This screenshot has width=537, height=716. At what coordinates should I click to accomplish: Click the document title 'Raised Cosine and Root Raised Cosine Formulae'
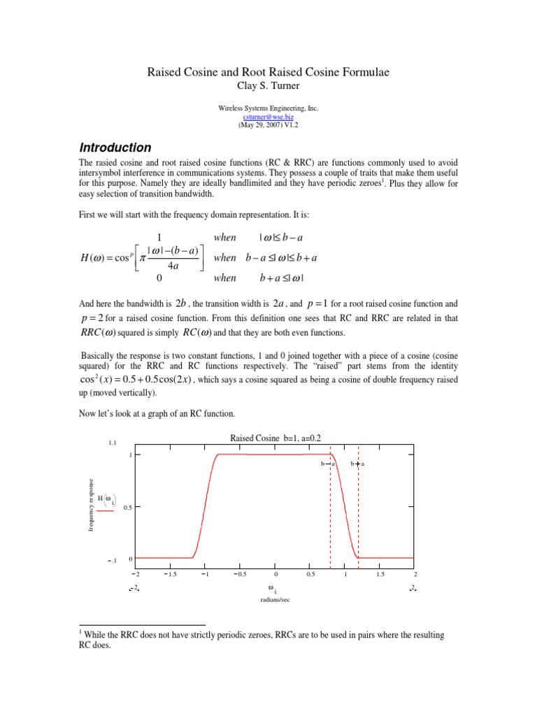click(x=268, y=72)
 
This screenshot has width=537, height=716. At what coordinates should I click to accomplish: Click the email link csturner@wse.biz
click(x=268, y=119)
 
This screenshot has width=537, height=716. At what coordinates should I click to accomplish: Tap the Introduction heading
click(x=115, y=148)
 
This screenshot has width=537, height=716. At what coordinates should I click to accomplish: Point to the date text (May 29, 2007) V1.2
click(x=268, y=127)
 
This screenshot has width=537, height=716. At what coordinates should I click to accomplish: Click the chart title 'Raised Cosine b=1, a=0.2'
click(x=275, y=438)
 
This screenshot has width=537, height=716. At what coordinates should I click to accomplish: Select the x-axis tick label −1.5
click(x=169, y=574)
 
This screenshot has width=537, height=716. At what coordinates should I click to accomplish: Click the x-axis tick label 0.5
click(x=310, y=574)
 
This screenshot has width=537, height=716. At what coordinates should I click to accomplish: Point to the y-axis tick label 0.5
click(x=127, y=508)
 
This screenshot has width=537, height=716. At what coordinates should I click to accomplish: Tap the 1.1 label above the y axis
click(x=112, y=443)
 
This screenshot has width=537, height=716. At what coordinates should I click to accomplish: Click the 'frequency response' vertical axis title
click(x=90, y=505)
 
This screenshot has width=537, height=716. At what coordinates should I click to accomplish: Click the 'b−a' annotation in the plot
click(x=328, y=464)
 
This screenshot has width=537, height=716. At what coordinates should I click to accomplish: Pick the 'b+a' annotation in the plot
click(x=357, y=464)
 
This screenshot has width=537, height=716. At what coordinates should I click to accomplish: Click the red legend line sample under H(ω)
click(x=105, y=511)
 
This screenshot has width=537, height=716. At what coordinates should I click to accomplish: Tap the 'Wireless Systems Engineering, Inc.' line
click(x=268, y=110)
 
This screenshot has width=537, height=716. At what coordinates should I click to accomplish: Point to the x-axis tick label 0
click(x=275, y=574)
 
